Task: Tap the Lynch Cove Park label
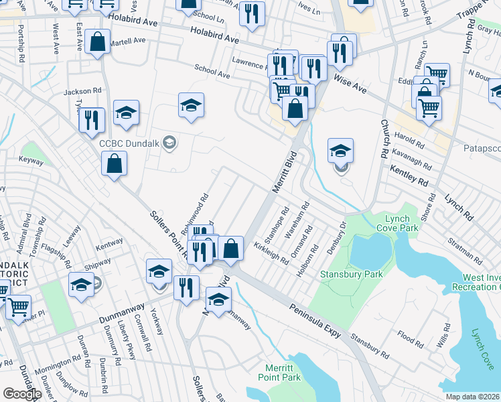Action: coord(402,224)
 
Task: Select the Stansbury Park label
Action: coord(351,274)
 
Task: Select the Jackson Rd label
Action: coord(82,90)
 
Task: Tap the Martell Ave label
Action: coord(128,40)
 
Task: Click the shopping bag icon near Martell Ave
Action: coord(98,42)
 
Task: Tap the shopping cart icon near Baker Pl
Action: coord(18,307)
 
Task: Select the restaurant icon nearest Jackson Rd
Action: coord(92,119)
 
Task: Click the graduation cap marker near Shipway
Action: coord(82,285)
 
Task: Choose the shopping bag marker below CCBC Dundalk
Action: coord(115,163)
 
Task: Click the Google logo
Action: coord(22,393)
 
